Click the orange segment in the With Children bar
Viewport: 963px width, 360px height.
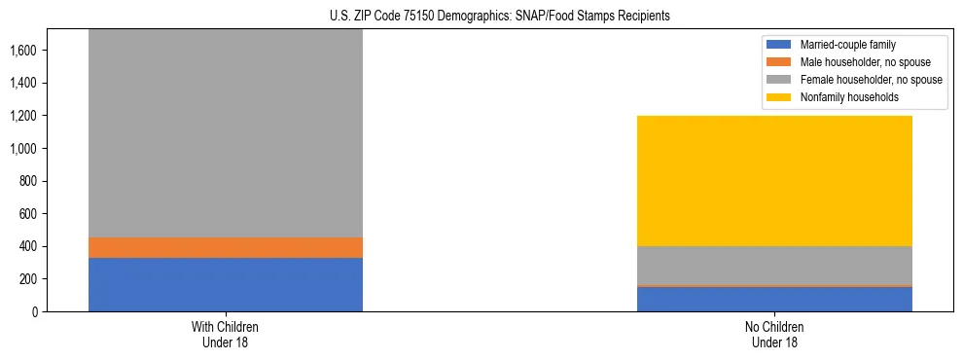coord(226,247)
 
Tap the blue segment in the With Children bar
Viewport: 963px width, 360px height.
coord(226,284)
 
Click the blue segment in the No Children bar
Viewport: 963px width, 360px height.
coord(774,300)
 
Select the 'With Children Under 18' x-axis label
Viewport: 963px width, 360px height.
coord(226,334)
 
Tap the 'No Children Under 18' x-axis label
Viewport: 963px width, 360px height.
coord(774,334)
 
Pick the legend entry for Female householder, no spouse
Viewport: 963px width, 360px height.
coord(856,80)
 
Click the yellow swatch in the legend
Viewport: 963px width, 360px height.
coord(778,97)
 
